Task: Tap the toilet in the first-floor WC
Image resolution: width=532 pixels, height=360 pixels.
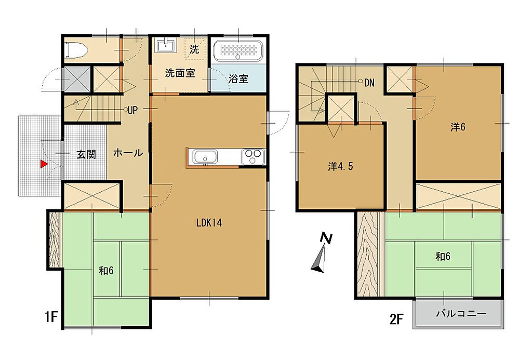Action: (x=76, y=50)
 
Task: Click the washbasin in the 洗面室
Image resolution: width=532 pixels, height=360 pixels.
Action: (x=166, y=45)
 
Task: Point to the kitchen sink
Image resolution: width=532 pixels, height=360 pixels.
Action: (x=205, y=157)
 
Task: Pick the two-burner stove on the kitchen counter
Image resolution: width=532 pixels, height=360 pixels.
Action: (x=253, y=157)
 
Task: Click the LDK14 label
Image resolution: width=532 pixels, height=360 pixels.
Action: (x=209, y=223)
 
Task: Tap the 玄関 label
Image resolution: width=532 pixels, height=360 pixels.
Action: (x=86, y=154)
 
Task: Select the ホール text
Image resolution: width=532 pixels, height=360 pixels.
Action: (x=128, y=153)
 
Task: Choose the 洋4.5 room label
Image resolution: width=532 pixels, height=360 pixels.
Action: (x=340, y=166)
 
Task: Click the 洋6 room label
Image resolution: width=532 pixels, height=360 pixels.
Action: (x=458, y=127)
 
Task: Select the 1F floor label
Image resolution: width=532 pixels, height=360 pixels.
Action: (x=51, y=317)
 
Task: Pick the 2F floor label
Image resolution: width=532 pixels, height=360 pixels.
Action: (x=396, y=319)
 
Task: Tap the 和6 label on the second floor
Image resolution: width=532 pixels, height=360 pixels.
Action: (x=443, y=257)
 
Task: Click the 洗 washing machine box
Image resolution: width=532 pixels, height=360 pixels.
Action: (x=194, y=49)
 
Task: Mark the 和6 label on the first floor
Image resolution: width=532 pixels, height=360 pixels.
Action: (x=106, y=271)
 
